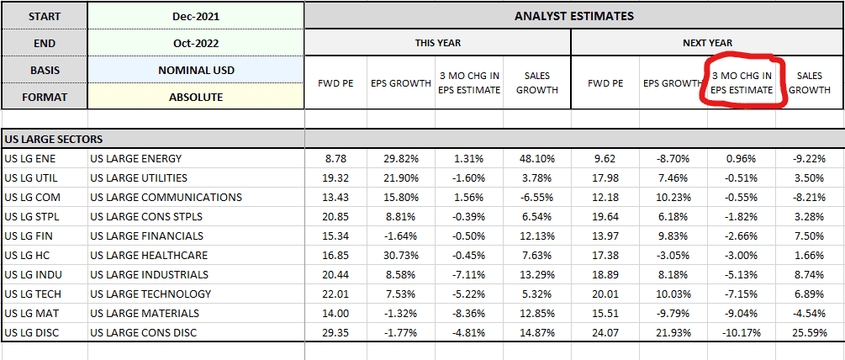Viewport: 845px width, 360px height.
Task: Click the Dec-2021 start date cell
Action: [196, 16]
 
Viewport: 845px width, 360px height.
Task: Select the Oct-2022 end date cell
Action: [196, 44]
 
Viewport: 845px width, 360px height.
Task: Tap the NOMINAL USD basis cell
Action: [196, 71]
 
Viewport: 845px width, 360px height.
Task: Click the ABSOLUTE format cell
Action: [196, 98]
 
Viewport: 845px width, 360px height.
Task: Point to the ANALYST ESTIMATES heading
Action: [574, 16]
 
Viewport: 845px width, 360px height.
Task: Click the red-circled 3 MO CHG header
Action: [742, 83]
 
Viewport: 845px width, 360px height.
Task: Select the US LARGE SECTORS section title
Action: [53, 140]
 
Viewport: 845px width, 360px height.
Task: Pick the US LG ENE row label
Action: [29, 159]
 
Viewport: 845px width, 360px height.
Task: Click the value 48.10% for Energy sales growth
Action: [536, 159]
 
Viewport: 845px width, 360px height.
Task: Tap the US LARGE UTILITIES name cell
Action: [139, 177]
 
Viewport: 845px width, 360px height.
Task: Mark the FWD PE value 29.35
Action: [335, 333]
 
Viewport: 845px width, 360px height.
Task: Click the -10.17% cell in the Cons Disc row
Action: [741, 333]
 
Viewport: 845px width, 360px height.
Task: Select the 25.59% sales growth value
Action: [809, 333]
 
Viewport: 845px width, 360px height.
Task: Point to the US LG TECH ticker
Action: [33, 294]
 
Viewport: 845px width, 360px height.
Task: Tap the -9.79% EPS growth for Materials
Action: [673, 314]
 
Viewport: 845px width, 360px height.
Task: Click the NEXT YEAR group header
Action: [707, 43]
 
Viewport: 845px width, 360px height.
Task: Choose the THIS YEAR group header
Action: [437, 43]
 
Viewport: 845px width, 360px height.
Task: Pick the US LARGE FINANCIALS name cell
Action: [147, 236]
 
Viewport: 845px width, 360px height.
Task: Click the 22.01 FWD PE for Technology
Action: [335, 294]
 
